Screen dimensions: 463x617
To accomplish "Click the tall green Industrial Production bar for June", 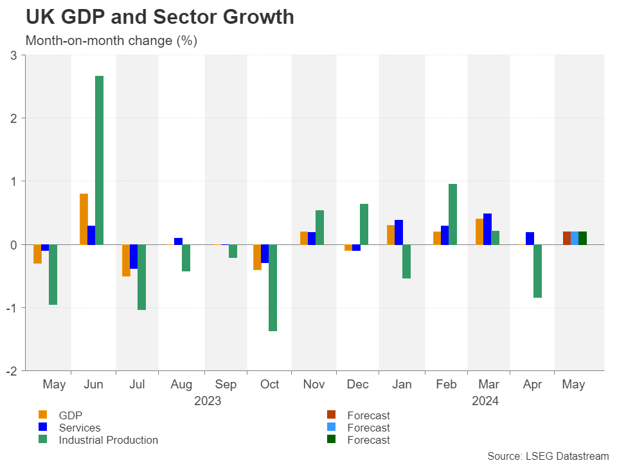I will click(99, 160).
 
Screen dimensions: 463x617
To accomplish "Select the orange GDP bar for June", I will click(84, 219).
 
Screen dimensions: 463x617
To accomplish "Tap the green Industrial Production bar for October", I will click(273, 287).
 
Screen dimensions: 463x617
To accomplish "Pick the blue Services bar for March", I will click(487, 229).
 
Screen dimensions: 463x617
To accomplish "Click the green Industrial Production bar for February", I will click(452, 214).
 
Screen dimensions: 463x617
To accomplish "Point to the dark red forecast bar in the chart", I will click(567, 238).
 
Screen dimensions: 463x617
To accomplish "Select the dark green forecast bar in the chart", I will click(582, 238).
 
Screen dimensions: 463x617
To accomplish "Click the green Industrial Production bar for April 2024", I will click(537, 271).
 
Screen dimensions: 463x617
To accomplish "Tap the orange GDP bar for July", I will click(126, 260).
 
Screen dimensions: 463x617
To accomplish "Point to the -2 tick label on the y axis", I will click(12, 370).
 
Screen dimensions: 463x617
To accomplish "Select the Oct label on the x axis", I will click(270, 385).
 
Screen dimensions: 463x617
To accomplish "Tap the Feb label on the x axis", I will click(445, 385).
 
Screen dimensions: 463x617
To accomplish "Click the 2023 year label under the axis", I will click(208, 401).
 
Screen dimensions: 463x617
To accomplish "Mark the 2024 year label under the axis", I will click(485, 401).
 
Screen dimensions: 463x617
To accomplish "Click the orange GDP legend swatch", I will click(43, 415).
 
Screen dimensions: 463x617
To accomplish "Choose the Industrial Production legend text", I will click(108, 440).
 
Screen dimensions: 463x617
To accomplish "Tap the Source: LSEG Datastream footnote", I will click(548, 456).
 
